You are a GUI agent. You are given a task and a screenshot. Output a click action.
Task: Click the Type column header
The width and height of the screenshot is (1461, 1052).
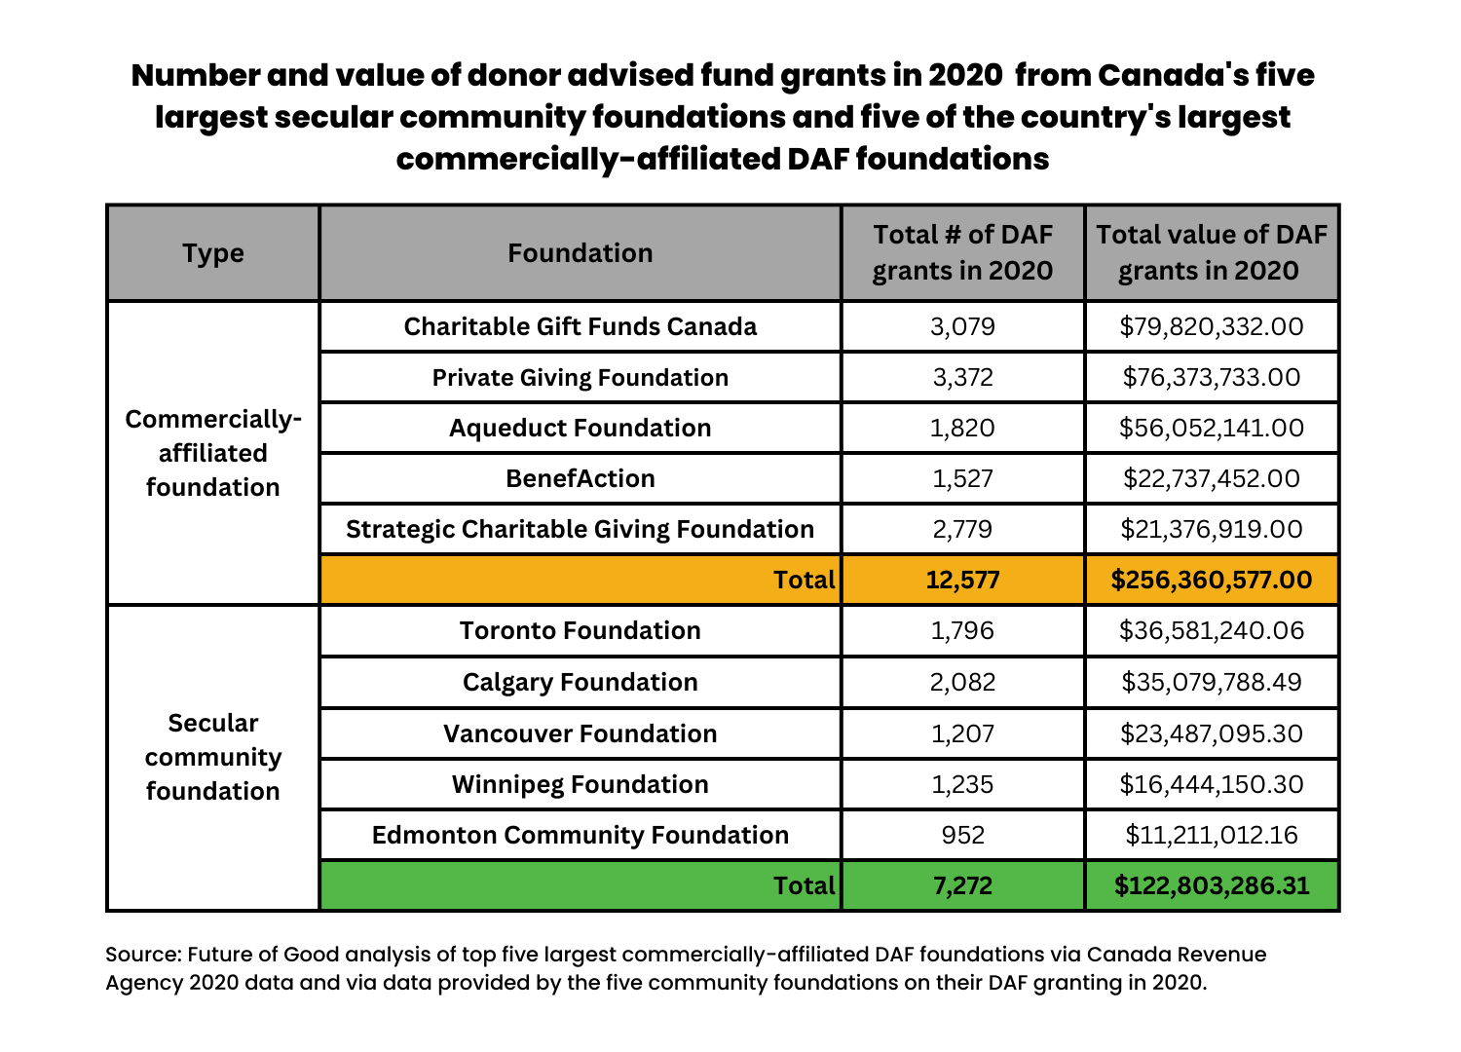213,253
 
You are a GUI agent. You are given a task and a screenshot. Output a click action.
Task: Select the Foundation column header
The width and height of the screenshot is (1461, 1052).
580,253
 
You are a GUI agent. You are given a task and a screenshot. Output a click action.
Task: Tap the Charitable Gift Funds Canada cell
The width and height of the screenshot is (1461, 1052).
580,326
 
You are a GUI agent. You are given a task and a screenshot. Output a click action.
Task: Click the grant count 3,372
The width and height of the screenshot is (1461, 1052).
962,377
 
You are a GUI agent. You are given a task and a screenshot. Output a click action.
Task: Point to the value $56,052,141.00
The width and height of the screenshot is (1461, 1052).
1211,428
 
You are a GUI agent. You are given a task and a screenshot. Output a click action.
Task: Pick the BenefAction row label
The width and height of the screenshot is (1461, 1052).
580,478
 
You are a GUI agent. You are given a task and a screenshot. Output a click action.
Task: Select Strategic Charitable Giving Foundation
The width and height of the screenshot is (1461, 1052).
580,529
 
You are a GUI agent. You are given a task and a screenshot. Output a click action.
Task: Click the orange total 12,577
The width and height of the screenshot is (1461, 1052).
962,581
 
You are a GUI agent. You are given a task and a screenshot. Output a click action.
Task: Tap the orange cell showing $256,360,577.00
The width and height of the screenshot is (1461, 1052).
1211,581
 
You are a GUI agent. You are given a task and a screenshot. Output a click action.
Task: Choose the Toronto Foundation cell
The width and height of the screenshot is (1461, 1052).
580,630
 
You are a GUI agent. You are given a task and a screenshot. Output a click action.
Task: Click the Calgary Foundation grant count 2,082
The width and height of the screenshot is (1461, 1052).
962,682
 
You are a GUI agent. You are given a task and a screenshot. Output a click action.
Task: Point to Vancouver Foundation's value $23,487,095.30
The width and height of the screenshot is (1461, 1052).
1211,733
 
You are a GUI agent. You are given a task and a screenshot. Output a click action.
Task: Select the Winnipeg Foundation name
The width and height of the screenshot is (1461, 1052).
580,784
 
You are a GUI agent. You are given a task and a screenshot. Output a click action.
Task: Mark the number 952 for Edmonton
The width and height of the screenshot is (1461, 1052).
962,835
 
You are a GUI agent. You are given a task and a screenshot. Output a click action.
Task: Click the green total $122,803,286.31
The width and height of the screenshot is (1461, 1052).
1211,885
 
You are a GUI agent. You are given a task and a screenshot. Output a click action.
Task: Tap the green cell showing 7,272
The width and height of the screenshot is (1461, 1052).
962,885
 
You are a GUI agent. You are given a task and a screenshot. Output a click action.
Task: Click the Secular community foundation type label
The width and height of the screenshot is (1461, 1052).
213,757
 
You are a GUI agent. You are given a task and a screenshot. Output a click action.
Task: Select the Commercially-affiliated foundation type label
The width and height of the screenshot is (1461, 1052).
213,453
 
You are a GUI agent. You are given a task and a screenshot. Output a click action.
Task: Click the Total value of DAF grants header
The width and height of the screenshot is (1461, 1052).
1211,252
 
